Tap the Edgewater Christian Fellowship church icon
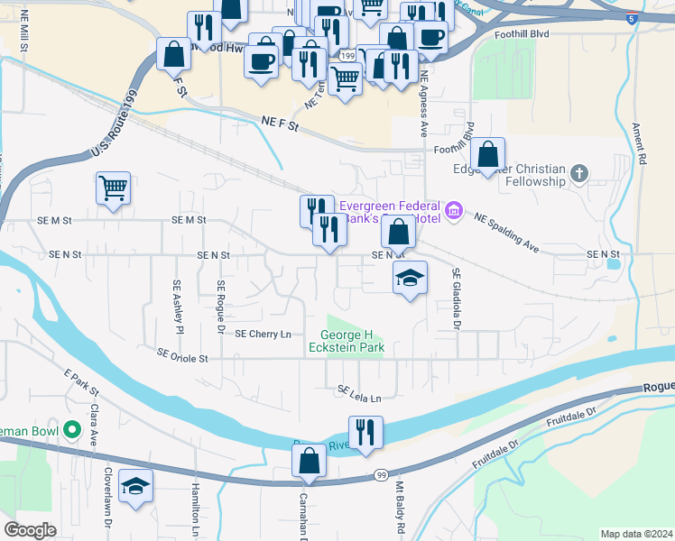pos(579,171)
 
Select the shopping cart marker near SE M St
pos(113,189)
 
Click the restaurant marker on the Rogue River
pos(365,432)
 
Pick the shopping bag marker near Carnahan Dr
pos(309,461)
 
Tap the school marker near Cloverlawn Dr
pos(136,487)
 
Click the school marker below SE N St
pos(410,279)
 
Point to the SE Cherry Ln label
pos(264,334)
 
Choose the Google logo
pos(31,530)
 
